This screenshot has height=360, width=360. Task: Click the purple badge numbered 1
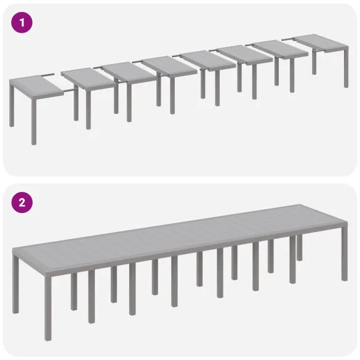coord(22,22)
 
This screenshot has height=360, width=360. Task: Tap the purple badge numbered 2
coord(22,202)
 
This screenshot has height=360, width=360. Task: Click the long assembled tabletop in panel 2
coord(178,234)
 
